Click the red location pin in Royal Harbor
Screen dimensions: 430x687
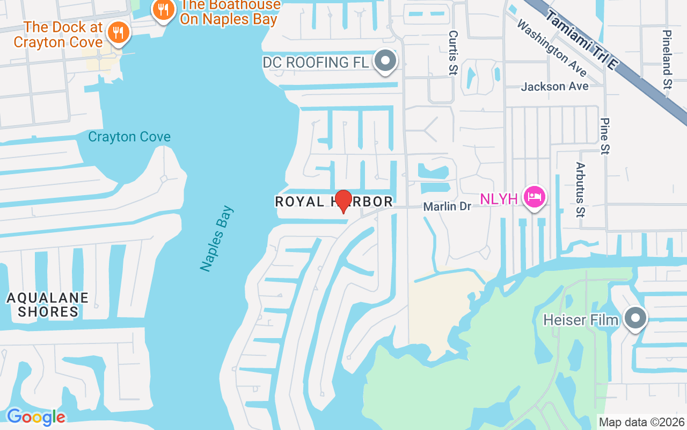point(343,201)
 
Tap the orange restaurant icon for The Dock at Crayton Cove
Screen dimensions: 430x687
point(118,33)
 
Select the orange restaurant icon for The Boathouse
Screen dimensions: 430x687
point(164,9)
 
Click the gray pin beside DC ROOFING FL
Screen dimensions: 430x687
point(385,61)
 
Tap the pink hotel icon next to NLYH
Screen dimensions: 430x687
point(535,197)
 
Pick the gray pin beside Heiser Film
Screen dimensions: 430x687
point(635,318)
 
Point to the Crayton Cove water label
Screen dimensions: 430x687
point(129,137)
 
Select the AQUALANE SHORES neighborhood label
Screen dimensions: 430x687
point(48,305)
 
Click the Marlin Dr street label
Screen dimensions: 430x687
point(447,206)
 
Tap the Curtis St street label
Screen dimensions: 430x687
point(453,52)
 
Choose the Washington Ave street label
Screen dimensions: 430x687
point(552,48)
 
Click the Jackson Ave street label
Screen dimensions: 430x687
point(554,86)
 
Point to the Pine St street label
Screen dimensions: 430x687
point(605,136)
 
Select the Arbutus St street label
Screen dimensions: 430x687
point(580,190)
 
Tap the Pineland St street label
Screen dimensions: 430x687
point(667,59)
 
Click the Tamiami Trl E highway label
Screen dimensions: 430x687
point(582,40)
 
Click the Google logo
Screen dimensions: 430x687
point(36,417)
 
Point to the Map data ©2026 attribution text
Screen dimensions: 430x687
point(642,422)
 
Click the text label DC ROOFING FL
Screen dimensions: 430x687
point(316,62)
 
